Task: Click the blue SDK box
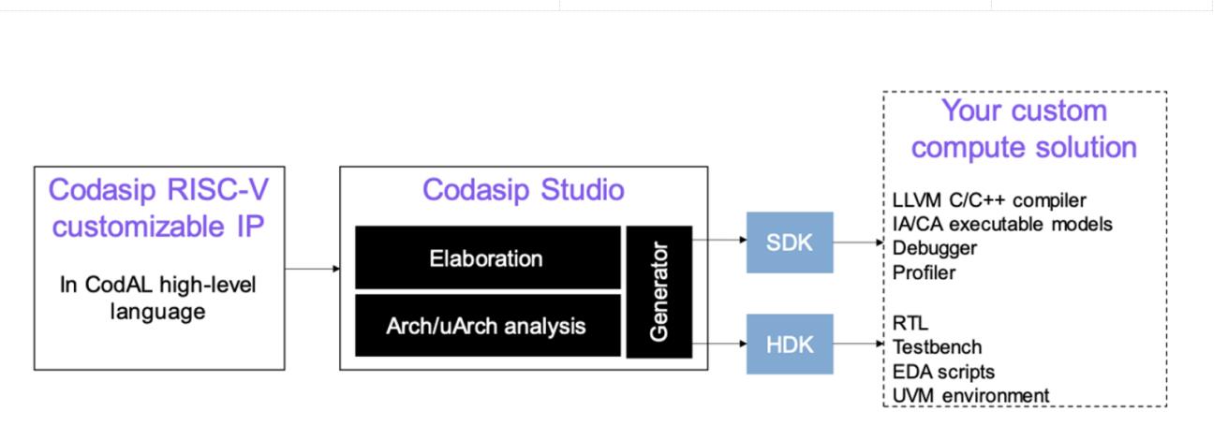[x=789, y=242]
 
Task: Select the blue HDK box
[x=789, y=344]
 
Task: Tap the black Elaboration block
[x=487, y=257]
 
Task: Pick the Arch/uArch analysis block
[x=487, y=326]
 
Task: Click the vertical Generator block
[x=658, y=291]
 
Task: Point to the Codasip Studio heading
[x=523, y=189]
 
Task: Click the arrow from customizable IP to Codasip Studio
[x=312, y=270]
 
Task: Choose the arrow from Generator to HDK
[x=718, y=343]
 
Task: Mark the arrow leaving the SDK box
[x=857, y=242]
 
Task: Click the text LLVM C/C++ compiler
[x=989, y=199]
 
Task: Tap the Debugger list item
[x=936, y=248]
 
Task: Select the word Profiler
[x=925, y=272]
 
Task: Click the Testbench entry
[x=938, y=347]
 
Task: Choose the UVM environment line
[x=971, y=396]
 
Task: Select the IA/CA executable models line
[x=1003, y=224]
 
